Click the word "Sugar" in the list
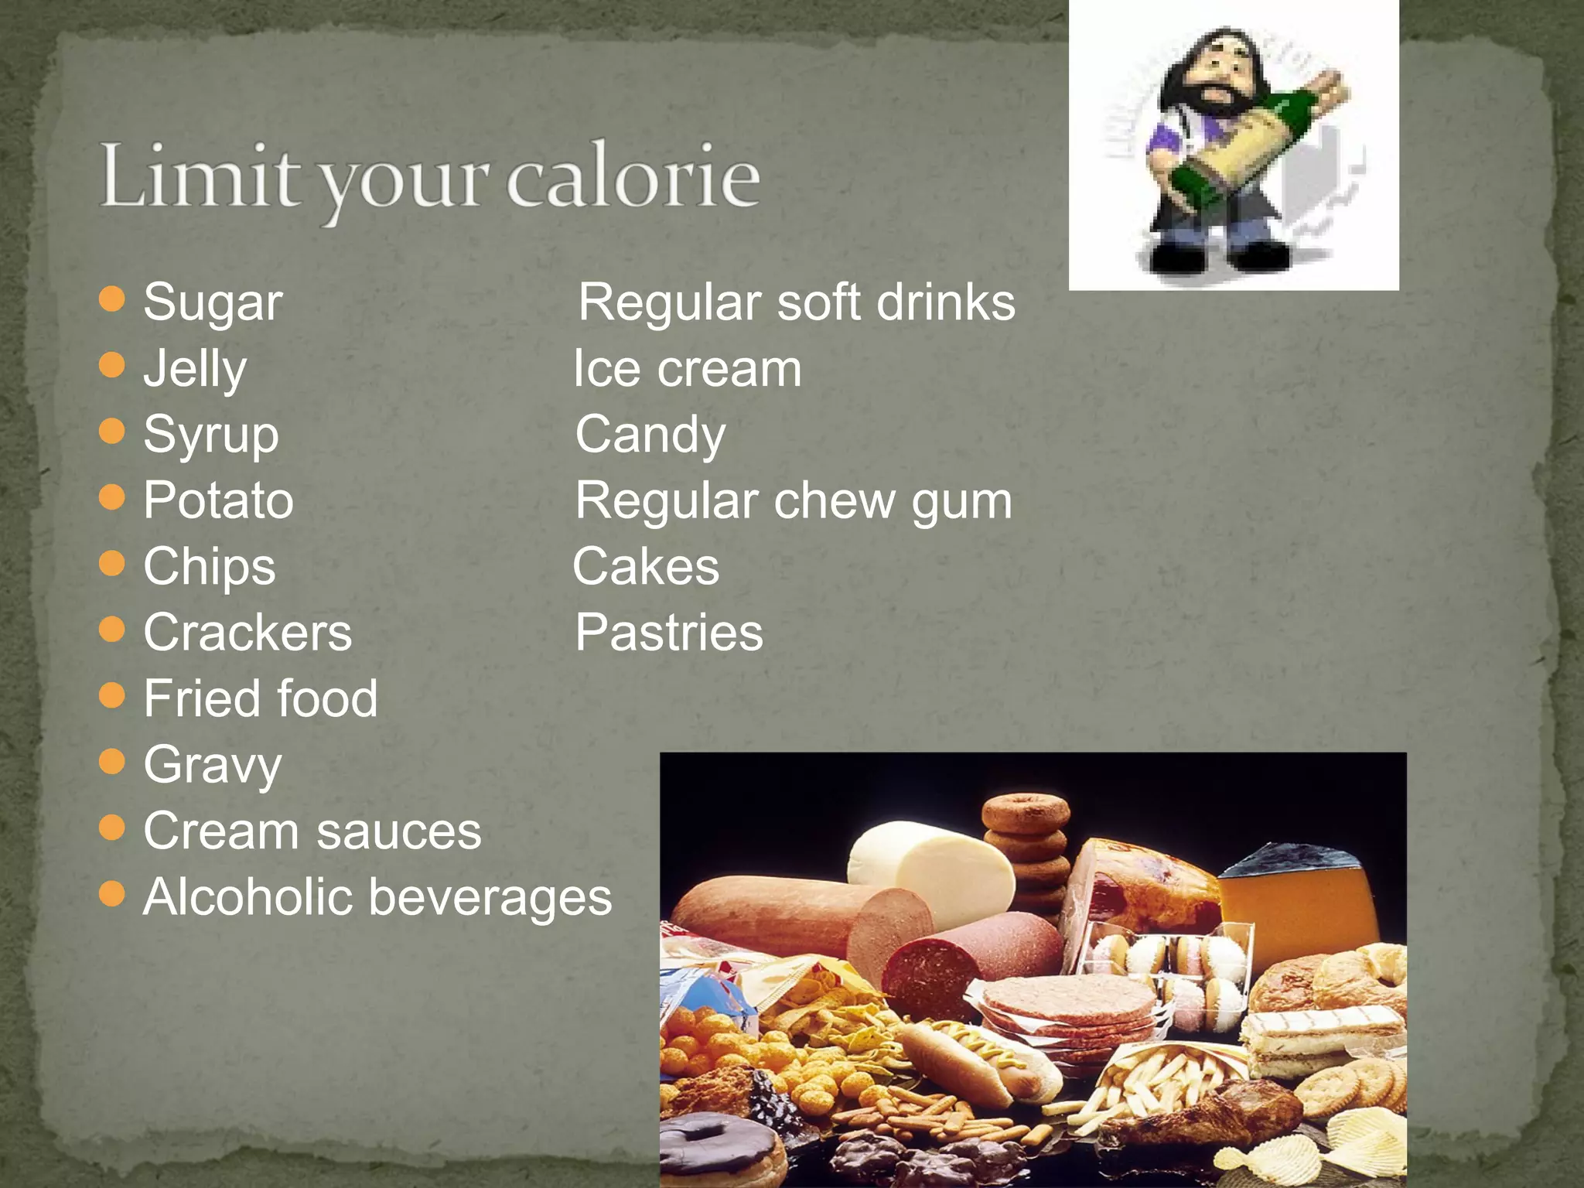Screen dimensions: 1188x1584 click(x=213, y=302)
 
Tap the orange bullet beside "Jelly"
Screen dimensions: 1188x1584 click(x=113, y=365)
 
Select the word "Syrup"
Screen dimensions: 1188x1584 click(x=211, y=435)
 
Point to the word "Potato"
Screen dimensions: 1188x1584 click(x=218, y=500)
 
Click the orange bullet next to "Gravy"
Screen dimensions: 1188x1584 click(x=113, y=762)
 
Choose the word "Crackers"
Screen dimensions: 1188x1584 click(x=247, y=633)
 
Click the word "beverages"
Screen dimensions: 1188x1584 click(x=490, y=899)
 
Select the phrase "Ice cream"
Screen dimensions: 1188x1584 click(x=687, y=369)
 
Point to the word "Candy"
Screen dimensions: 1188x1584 click(x=650, y=435)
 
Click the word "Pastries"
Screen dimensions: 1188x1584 click(x=669, y=633)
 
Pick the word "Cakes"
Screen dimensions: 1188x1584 click(x=646, y=567)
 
